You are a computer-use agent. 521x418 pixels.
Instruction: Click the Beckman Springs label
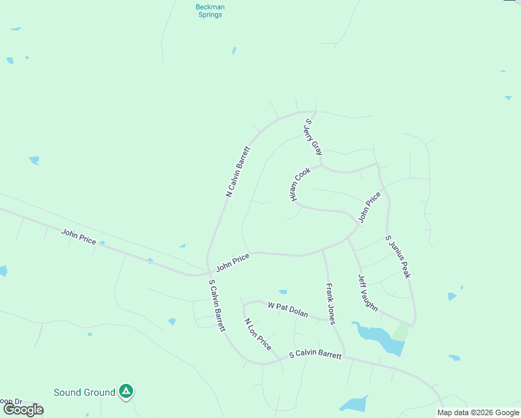pyautogui.click(x=209, y=10)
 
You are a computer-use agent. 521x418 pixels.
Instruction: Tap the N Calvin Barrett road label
pyautogui.click(x=238, y=171)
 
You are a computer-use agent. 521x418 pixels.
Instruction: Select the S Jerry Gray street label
pyautogui.click(x=313, y=137)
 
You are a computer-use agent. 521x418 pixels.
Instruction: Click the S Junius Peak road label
pyautogui.click(x=398, y=257)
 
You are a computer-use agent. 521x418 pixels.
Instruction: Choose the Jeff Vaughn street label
pyautogui.click(x=368, y=293)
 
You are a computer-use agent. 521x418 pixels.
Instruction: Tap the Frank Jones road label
pyautogui.click(x=330, y=303)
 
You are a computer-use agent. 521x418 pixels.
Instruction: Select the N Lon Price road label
pyautogui.click(x=257, y=334)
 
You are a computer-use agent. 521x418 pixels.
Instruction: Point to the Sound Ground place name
pyautogui.click(x=84, y=392)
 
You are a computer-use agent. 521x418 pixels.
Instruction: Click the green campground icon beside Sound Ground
pyautogui.click(x=126, y=392)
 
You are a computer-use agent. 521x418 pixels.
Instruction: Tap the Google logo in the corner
pyautogui.click(x=23, y=410)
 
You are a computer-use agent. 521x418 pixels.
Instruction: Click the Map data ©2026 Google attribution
pyautogui.click(x=478, y=412)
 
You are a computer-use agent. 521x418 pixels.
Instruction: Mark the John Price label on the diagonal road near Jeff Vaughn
pyautogui.click(x=369, y=208)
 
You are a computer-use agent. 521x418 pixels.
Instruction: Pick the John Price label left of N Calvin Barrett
pyautogui.click(x=79, y=236)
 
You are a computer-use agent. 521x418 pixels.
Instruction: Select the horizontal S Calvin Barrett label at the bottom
pyautogui.click(x=316, y=355)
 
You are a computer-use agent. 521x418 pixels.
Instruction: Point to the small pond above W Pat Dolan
pyautogui.click(x=283, y=292)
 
